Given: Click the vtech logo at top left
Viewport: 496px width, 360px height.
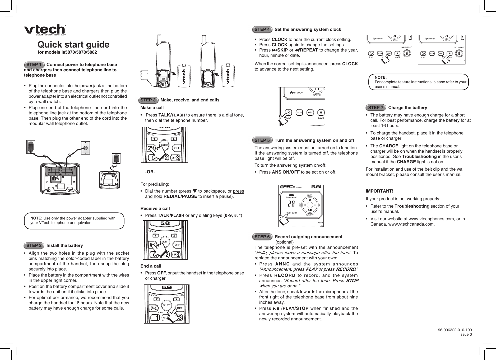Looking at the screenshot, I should point(45,30).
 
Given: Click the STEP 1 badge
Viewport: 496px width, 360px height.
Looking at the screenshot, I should point(34,65).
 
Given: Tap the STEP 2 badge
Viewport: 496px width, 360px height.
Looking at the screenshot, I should point(34,246).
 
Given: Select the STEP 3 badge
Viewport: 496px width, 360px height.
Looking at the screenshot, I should point(148,100).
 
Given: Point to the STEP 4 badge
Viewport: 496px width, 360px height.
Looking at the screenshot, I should point(262,30).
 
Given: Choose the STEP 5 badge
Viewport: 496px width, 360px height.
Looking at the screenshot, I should point(262,140).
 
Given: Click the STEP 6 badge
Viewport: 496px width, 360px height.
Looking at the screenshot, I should point(262,237).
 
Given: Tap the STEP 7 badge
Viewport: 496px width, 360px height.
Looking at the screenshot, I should point(376,108).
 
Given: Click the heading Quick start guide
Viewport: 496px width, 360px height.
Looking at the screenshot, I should point(73,45).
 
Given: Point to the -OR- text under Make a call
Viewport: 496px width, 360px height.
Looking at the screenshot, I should point(150,172).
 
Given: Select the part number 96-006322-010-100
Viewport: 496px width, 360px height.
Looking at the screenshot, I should point(455,330).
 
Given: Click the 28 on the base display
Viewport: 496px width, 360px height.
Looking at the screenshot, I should point(291,204).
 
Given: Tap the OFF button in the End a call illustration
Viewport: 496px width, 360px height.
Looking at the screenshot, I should point(180,308).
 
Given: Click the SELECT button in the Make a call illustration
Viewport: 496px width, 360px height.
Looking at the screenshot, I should point(164,145).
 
